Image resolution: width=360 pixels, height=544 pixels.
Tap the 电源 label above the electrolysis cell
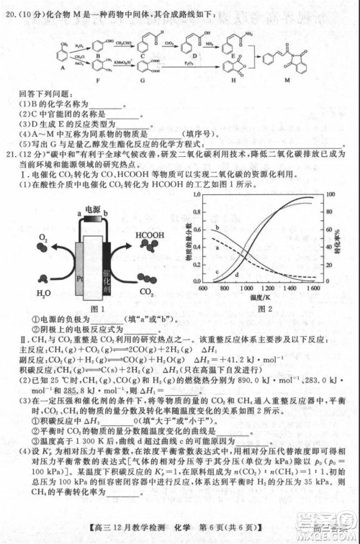[92, 209]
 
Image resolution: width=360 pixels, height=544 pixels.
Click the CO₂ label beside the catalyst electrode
[148, 293]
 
